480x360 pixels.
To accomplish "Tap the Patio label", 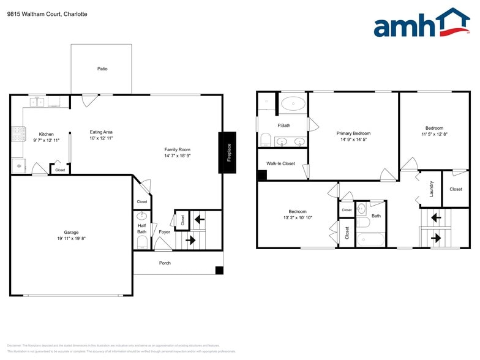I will [x=102, y=69].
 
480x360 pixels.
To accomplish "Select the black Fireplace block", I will [x=227, y=152].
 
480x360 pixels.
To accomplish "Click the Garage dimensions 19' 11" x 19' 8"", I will [x=71, y=239].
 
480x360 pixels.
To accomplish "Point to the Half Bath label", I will [x=141, y=229].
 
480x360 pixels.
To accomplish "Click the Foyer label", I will [x=164, y=232].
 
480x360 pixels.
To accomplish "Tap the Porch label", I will [x=165, y=263].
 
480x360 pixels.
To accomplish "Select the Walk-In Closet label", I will [x=280, y=163].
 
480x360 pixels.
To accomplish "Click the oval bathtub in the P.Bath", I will [x=293, y=103].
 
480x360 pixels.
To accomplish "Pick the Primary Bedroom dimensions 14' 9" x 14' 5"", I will [x=353, y=140].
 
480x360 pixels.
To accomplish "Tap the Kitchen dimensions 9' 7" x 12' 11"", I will [x=47, y=140].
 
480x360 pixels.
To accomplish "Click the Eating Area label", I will [x=101, y=132].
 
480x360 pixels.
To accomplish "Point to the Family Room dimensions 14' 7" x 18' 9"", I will [x=178, y=156].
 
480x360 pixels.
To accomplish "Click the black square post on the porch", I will [x=219, y=271].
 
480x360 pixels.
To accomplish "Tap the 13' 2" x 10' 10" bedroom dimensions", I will [x=298, y=217].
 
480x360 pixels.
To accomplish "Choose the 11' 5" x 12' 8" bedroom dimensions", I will [x=434, y=134].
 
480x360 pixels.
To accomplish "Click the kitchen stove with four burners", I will [x=17, y=134].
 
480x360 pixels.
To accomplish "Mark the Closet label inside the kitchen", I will [x=60, y=170].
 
